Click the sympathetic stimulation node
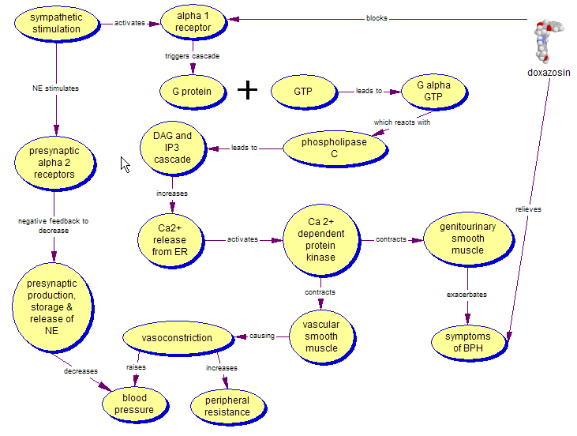pos(55,23)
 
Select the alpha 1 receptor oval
pos(193,23)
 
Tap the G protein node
pos(192,91)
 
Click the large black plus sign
pos(248,90)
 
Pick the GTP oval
pos(303,91)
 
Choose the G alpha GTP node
pos(433,91)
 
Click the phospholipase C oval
pos(334,148)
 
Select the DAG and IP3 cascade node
pos(172,148)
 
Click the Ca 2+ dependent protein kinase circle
pos(320,239)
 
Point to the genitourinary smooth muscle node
pos(467,239)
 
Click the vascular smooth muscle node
pos(320,336)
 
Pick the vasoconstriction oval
pos(177,338)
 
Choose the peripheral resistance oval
pos(227,406)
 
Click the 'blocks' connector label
pos(377,18)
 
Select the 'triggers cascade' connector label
pos(192,56)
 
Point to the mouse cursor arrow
pos(124,163)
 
